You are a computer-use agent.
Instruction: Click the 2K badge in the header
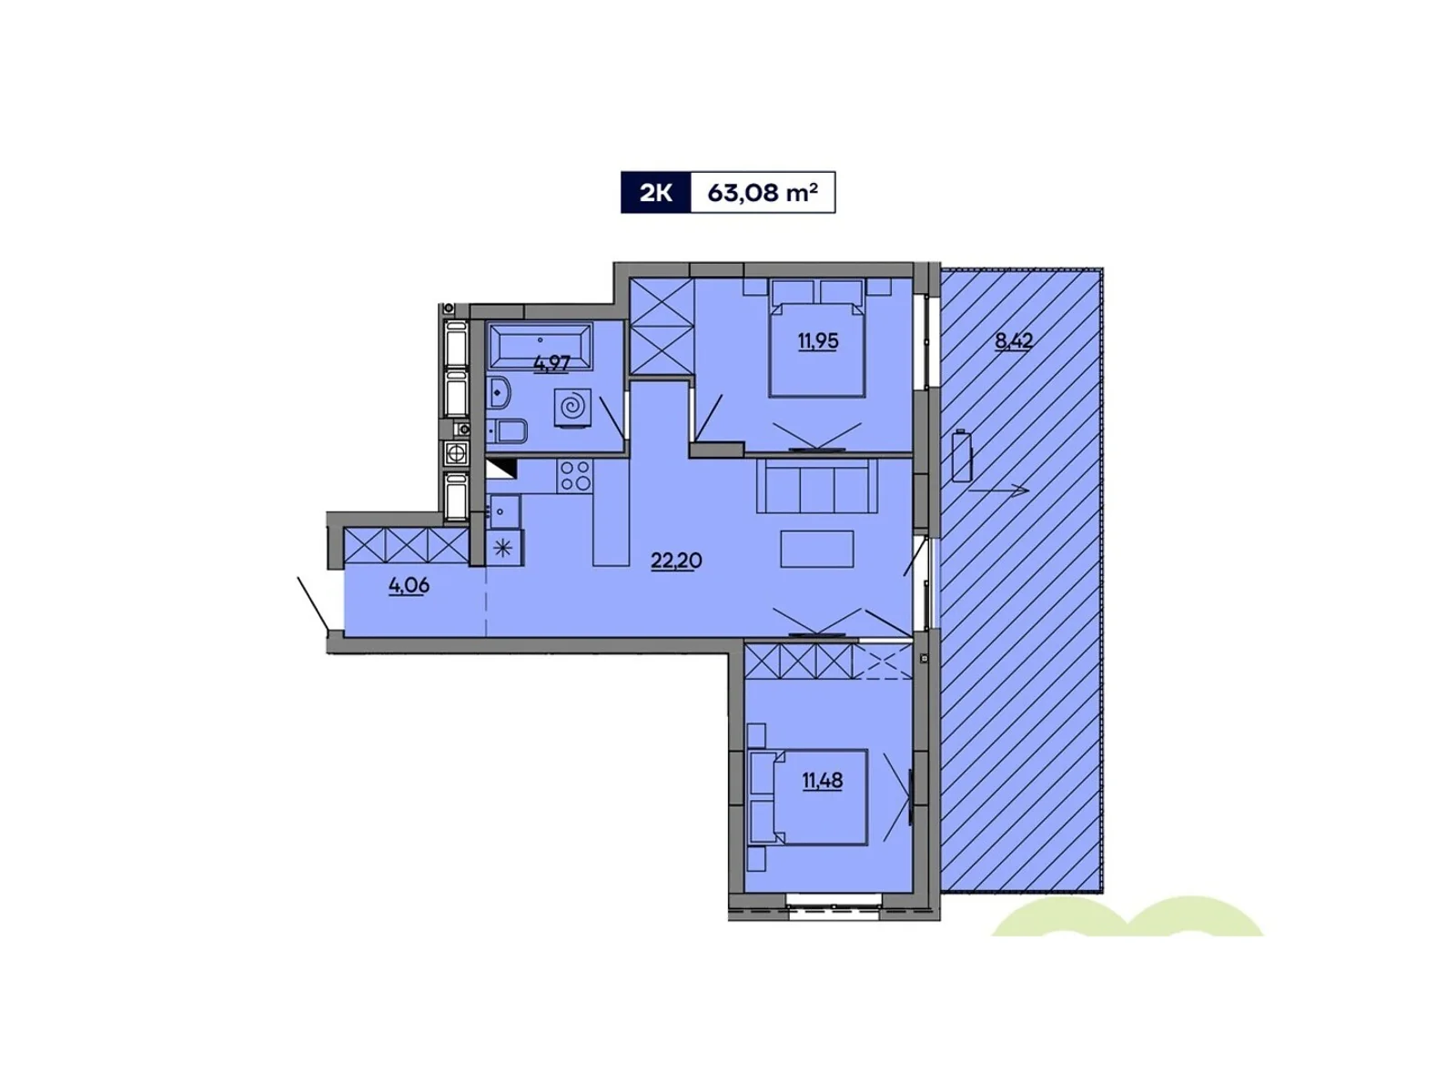point(655,193)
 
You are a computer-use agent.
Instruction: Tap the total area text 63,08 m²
point(763,193)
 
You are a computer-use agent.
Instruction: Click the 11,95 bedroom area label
point(818,342)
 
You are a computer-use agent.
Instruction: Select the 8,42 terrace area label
point(1014,342)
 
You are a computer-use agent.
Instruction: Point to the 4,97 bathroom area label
point(551,362)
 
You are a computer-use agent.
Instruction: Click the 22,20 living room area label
point(676,561)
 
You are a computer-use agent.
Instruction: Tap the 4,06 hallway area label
point(409,586)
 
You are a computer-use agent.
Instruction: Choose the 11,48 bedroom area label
point(822,780)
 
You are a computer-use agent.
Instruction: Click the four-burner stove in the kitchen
point(574,475)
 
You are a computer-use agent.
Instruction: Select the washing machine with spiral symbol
point(572,408)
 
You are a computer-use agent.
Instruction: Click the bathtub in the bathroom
point(541,344)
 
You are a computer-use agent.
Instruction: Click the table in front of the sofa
point(817,549)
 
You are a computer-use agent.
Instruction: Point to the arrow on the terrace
point(998,490)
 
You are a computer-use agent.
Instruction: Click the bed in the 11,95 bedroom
point(816,339)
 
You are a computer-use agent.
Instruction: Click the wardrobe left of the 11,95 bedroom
point(662,326)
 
